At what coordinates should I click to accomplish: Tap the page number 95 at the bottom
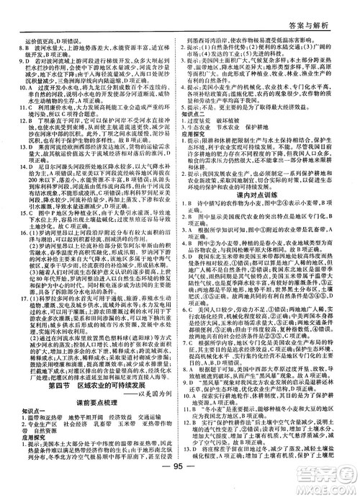pyautogui.click(x=180, y=485)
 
